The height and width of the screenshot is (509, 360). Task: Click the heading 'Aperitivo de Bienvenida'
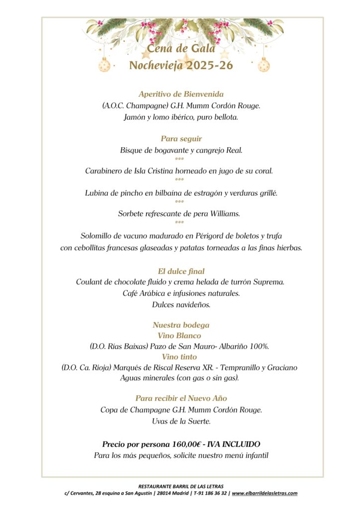coord(181,94)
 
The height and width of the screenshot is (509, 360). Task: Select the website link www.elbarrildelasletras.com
coord(265,493)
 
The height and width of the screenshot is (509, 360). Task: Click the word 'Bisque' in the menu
coord(131,150)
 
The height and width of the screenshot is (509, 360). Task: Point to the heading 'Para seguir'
coord(181,139)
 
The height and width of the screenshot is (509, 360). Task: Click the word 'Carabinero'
coord(104,171)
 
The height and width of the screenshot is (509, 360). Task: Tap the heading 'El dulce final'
coord(181,271)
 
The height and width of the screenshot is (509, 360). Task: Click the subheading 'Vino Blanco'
coord(181,336)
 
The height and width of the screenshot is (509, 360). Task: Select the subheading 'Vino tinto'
coord(180,357)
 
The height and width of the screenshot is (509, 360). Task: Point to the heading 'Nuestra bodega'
coord(181,325)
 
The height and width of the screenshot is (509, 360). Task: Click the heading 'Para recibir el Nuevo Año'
coord(181,399)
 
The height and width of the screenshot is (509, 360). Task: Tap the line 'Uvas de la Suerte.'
coord(181,421)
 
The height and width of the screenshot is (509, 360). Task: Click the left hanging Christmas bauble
coord(104,65)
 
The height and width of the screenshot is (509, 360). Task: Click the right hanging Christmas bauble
coord(264,65)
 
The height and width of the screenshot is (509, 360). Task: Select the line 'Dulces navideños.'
coord(181,304)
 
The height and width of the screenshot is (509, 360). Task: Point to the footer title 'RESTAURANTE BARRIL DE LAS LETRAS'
coord(181,486)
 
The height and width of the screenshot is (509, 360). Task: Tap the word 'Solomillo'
coord(97,236)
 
